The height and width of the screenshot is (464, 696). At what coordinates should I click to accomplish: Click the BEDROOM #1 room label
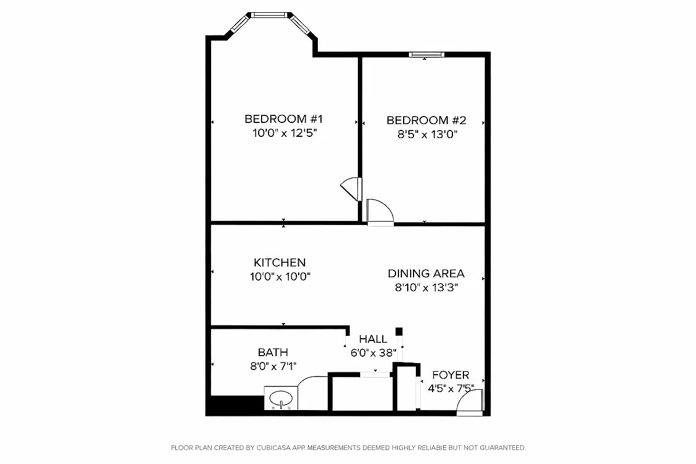pos(283,119)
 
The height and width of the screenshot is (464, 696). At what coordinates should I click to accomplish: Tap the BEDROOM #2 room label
pos(426,121)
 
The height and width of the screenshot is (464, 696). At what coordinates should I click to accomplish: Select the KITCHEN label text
pos(280,263)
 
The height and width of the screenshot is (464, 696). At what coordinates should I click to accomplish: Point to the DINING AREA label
pos(426,274)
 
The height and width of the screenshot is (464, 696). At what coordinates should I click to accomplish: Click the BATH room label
pos(273,352)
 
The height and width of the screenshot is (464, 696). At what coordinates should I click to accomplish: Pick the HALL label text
pos(373,339)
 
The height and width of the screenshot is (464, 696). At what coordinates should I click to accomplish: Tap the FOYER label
pos(451,375)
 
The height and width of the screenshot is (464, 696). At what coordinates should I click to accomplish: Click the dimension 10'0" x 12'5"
pos(284,133)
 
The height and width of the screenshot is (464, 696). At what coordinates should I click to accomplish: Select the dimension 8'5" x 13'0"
pos(426,135)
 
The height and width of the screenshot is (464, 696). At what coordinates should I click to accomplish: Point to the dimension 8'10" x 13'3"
pos(426,288)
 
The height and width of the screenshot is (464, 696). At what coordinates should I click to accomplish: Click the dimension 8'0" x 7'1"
pos(273,366)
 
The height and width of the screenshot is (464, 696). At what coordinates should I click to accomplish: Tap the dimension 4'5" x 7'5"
pos(451,389)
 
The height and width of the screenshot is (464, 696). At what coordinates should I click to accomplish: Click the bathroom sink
pos(281,398)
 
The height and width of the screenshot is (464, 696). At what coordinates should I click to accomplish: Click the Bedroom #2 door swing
pos(380,212)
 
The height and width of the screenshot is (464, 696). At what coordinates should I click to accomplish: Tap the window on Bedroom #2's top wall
pos(426,55)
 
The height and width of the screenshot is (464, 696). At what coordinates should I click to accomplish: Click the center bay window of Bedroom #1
pos(269,14)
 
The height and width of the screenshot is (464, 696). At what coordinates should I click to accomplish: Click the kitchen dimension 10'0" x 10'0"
pos(281,277)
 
